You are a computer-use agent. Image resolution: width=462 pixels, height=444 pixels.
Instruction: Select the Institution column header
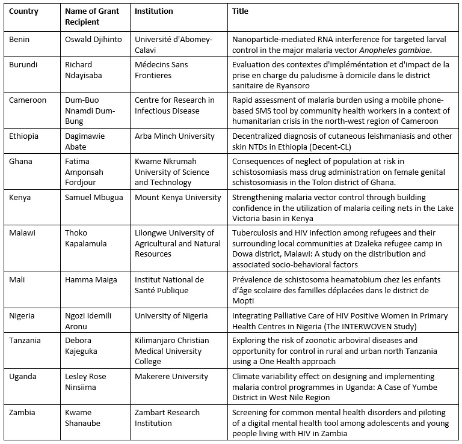point(153,11)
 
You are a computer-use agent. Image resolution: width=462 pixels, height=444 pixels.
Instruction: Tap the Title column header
point(240,11)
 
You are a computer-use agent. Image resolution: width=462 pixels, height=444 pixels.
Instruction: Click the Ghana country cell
point(22,162)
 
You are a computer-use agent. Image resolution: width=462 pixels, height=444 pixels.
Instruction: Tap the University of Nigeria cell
point(171,315)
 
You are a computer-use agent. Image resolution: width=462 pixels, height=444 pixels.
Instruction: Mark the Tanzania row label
point(26,340)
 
